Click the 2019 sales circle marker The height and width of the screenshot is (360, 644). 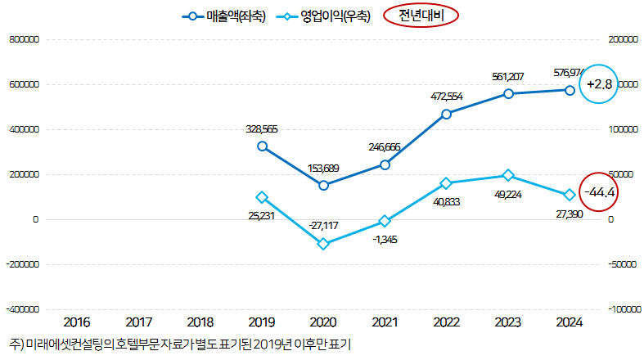tap(262, 146)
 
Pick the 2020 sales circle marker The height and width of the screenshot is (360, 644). tap(323, 186)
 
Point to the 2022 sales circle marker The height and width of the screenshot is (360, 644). tap(446, 114)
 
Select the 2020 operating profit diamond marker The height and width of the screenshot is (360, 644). tap(323, 244)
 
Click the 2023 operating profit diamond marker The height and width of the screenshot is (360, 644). tap(508, 176)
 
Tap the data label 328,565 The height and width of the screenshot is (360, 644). tap(262, 128)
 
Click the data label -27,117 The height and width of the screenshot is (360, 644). tap(323, 226)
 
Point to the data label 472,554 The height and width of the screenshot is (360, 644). tap(447, 97)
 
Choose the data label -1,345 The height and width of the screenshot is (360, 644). tap(385, 239)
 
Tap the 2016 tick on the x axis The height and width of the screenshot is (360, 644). tap(77, 322)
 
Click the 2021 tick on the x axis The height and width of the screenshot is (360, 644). tap(385, 322)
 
